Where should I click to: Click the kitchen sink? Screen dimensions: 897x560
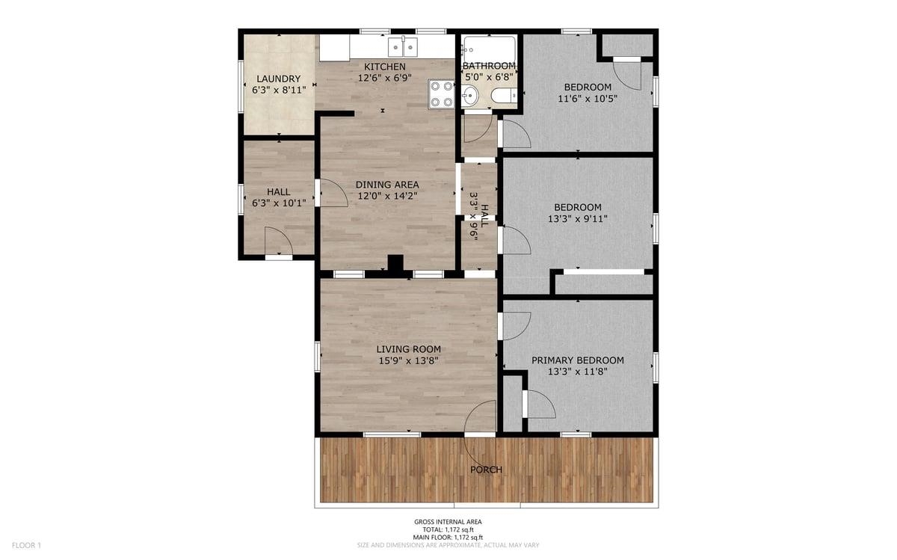(x=403, y=47)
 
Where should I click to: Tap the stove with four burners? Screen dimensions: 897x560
(x=441, y=94)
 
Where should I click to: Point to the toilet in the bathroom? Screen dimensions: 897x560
(x=503, y=96)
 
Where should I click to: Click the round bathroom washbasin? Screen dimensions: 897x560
(x=469, y=96)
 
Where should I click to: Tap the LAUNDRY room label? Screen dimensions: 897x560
(x=279, y=79)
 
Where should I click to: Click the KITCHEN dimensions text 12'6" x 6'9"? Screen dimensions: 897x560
(x=385, y=78)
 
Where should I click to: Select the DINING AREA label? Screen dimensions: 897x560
(x=387, y=185)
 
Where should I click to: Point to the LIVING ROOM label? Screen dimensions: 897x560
(x=408, y=349)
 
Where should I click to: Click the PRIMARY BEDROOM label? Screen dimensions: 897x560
(x=577, y=360)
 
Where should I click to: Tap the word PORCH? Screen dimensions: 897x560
(x=486, y=470)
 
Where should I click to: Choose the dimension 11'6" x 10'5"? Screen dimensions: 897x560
(x=588, y=98)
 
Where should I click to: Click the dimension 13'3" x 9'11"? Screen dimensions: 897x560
(x=577, y=219)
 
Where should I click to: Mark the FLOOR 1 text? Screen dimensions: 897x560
(x=26, y=545)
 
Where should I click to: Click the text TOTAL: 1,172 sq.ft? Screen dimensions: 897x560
(x=448, y=529)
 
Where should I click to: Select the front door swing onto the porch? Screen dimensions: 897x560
(x=478, y=428)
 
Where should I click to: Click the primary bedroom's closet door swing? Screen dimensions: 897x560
(x=541, y=404)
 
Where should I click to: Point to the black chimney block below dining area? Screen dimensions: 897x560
(x=395, y=265)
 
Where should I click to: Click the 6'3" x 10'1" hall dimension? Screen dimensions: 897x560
(x=279, y=203)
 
